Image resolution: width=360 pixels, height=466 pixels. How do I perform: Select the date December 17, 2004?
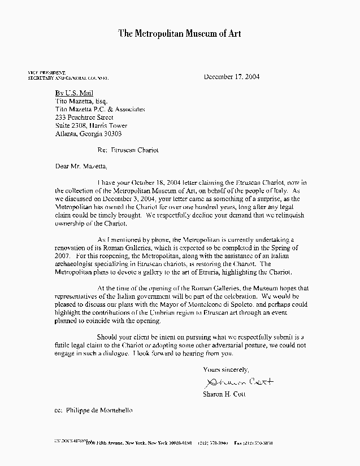tap(232, 76)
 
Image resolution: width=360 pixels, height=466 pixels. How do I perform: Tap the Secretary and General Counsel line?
tap(68, 77)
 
